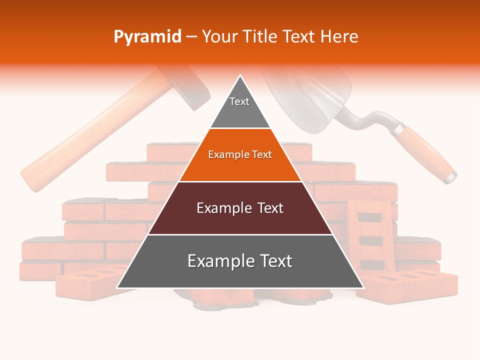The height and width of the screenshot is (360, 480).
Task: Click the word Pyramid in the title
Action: pyautogui.click(x=147, y=37)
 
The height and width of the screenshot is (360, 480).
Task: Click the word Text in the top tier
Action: pyautogui.click(x=239, y=101)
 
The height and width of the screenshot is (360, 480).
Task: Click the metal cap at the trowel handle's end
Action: pyautogui.click(x=451, y=176)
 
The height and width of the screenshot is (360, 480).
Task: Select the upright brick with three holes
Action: pyautogui.click(x=370, y=230)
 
